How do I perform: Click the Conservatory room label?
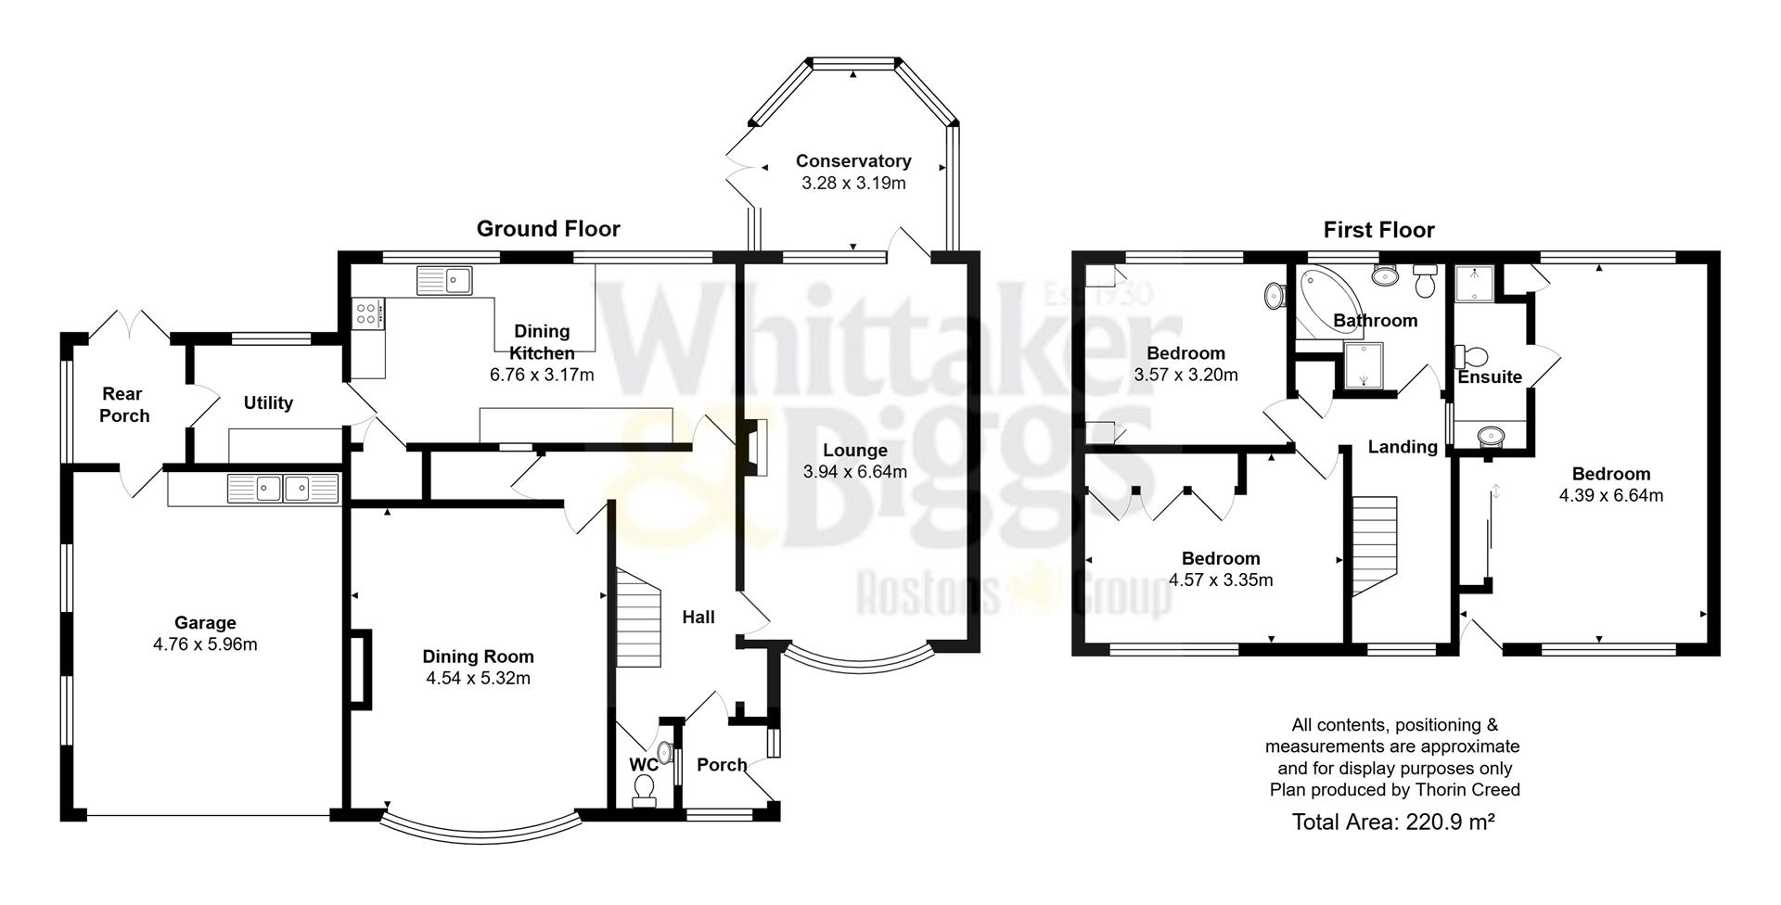coord(852,161)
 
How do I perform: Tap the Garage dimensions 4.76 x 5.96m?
coord(205,644)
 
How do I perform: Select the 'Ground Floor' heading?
coord(547,229)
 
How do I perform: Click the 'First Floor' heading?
coord(1378,230)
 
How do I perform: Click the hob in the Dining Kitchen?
coord(367,312)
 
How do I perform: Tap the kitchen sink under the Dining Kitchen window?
coord(444,279)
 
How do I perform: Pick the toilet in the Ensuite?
coord(1471,357)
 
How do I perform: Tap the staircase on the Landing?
coord(1374,546)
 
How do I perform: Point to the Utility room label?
coord(268,403)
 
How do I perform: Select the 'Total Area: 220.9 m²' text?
coord(1392,822)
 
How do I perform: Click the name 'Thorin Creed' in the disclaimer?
coord(1467,790)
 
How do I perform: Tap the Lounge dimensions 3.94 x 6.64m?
coord(854,472)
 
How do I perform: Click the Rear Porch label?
coord(123,405)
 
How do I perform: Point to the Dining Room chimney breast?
coord(361,669)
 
